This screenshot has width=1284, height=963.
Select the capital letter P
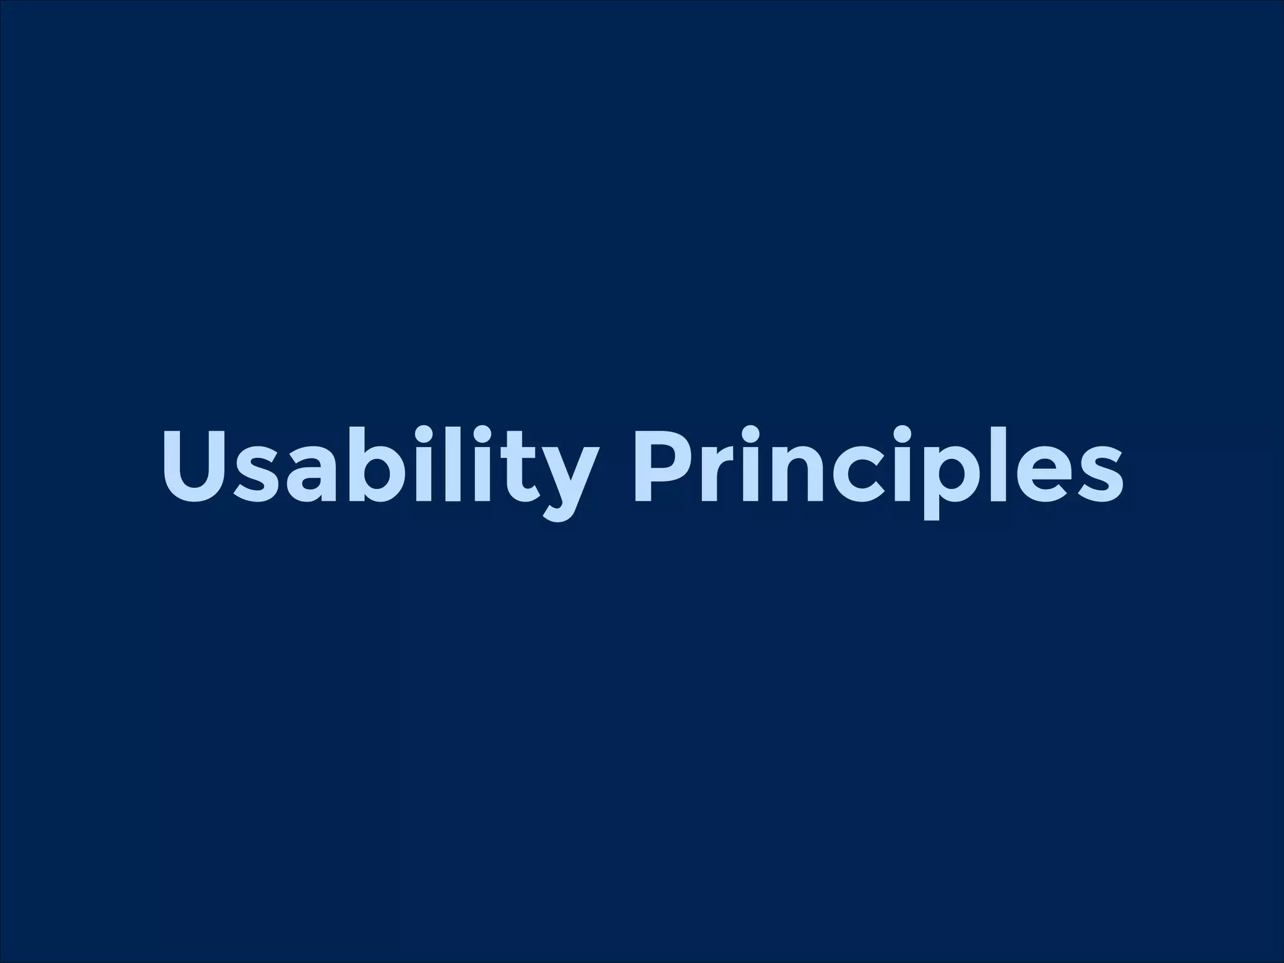665,465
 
